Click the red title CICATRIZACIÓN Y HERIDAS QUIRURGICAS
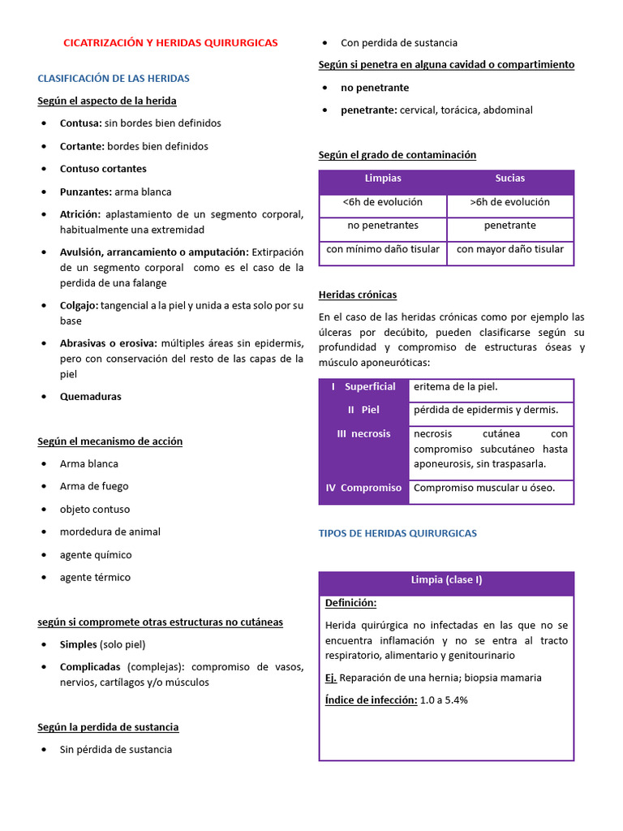(x=170, y=42)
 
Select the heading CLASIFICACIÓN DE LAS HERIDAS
(x=114, y=78)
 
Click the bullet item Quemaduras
(x=91, y=397)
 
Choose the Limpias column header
(x=383, y=179)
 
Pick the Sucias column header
(x=510, y=179)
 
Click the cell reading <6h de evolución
(x=383, y=202)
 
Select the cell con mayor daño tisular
(x=510, y=249)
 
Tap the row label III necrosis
(x=363, y=433)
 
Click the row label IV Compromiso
(x=363, y=488)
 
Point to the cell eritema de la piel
(x=456, y=386)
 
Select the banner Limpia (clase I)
(x=446, y=580)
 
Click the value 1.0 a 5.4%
(x=444, y=700)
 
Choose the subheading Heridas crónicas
(x=358, y=295)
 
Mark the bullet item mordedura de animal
(x=110, y=532)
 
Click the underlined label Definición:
(x=350, y=603)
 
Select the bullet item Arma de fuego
(x=94, y=486)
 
